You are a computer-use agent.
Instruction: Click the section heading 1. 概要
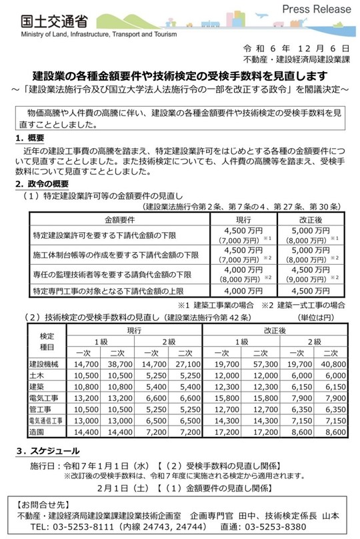(x=29, y=137)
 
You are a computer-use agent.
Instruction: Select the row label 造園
(x=37, y=432)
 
